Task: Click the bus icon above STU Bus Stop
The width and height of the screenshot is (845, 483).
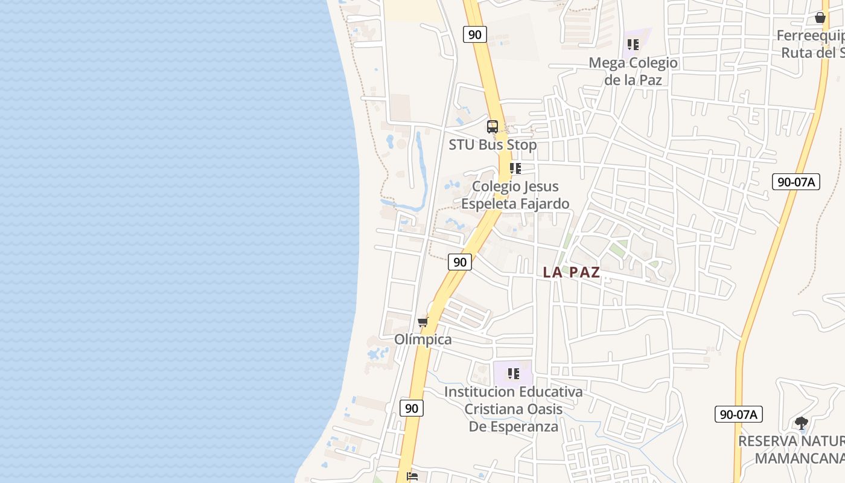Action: (493, 127)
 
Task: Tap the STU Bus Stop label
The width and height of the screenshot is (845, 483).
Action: (493, 145)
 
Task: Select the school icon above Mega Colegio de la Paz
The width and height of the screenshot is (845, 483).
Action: (633, 45)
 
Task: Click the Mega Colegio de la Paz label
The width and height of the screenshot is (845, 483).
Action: (633, 71)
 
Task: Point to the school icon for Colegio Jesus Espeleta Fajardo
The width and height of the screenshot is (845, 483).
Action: (515, 168)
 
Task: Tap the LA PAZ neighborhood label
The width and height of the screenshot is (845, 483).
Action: (571, 272)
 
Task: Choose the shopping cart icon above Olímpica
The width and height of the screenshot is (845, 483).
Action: (422, 322)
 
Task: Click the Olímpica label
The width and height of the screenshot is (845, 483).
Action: (422, 339)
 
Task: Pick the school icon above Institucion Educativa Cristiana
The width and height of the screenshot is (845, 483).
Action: (513, 374)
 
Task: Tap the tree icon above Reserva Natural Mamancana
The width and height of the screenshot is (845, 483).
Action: (801, 423)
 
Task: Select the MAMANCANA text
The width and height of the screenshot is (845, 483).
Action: (799, 458)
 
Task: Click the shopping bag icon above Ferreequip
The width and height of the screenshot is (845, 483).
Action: (820, 18)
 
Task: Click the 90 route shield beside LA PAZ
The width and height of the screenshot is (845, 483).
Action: (460, 262)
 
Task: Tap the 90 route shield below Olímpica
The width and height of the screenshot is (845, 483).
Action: (412, 408)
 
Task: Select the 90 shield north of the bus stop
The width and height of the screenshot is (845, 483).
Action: (475, 34)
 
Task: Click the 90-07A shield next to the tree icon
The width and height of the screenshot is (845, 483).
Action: (739, 414)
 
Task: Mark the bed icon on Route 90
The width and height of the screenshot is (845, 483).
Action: (412, 477)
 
